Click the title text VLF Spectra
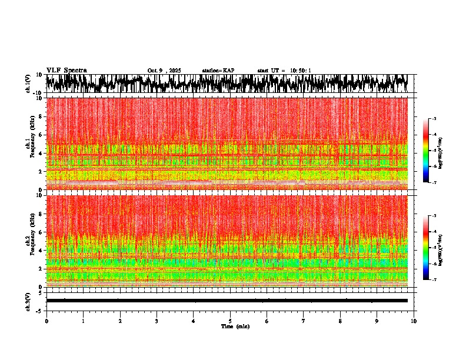pyautogui.click(x=66, y=70)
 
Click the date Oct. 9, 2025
pyautogui.click(x=164, y=71)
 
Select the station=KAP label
pyautogui.click(x=218, y=71)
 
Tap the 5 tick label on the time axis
pyautogui.click(x=230, y=321)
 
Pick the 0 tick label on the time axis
pyautogui.click(x=46, y=321)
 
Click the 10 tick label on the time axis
pyautogui.click(x=414, y=321)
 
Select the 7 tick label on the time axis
pyautogui.click(x=304, y=321)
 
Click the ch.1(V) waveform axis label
pyautogui.click(x=28, y=84)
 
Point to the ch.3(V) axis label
pyautogui.click(x=28, y=301)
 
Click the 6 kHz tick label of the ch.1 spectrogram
pyautogui.click(x=40, y=135)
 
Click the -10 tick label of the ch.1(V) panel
pyautogui.click(x=38, y=93)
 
